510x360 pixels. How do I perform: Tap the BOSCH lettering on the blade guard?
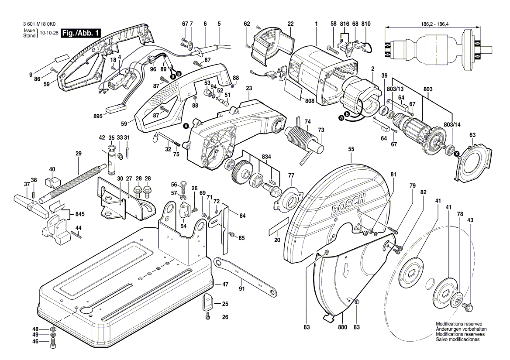[348, 206]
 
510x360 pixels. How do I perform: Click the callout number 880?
[342, 327]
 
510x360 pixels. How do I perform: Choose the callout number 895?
[98, 116]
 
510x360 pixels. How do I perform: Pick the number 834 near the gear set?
[266, 157]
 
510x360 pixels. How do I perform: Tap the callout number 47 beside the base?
[225, 284]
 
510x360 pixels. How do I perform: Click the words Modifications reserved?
[458, 324]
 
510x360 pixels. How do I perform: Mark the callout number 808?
[310, 101]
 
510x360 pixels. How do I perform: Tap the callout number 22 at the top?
[290, 24]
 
